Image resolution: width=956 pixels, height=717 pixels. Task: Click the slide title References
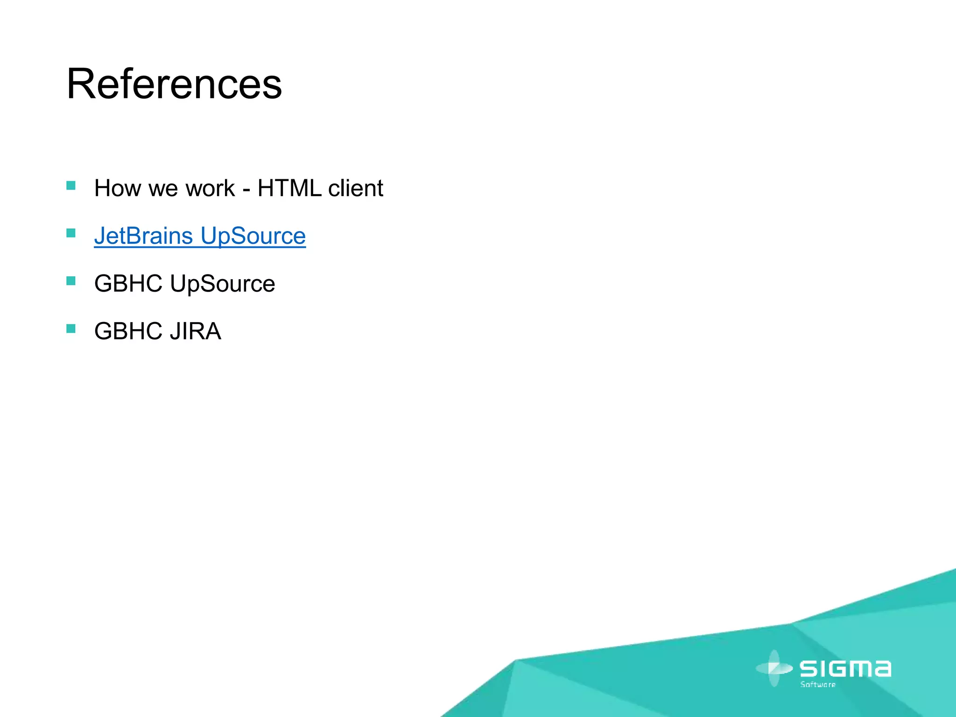(x=174, y=84)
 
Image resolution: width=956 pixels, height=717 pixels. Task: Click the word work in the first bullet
(x=210, y=189)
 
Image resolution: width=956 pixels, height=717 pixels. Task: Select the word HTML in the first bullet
(x=289, y=189)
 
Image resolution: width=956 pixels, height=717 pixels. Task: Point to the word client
(x=355, y=189)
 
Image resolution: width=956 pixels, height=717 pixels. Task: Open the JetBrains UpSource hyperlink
(x=200, y=236)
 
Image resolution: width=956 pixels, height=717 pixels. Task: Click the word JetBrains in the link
(x=143, y=236)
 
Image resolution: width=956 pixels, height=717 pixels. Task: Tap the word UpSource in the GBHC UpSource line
(x=222, y=284)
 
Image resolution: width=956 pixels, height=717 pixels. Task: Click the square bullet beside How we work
(x=71, y=186)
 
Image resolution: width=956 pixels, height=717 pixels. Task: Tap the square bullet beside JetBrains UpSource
(x=71, y=233)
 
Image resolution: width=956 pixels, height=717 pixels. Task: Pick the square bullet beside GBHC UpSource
(x=71, y=281)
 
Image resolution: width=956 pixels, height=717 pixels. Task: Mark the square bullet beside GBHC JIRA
(x=71, y=329)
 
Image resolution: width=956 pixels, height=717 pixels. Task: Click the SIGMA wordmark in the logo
(x=845, y=669)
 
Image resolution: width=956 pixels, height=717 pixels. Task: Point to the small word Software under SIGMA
(x=818, y=685)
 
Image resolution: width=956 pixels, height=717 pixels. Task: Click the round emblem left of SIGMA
(x=774, y=668)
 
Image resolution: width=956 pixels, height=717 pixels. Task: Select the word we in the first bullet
(x=161, y=189)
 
